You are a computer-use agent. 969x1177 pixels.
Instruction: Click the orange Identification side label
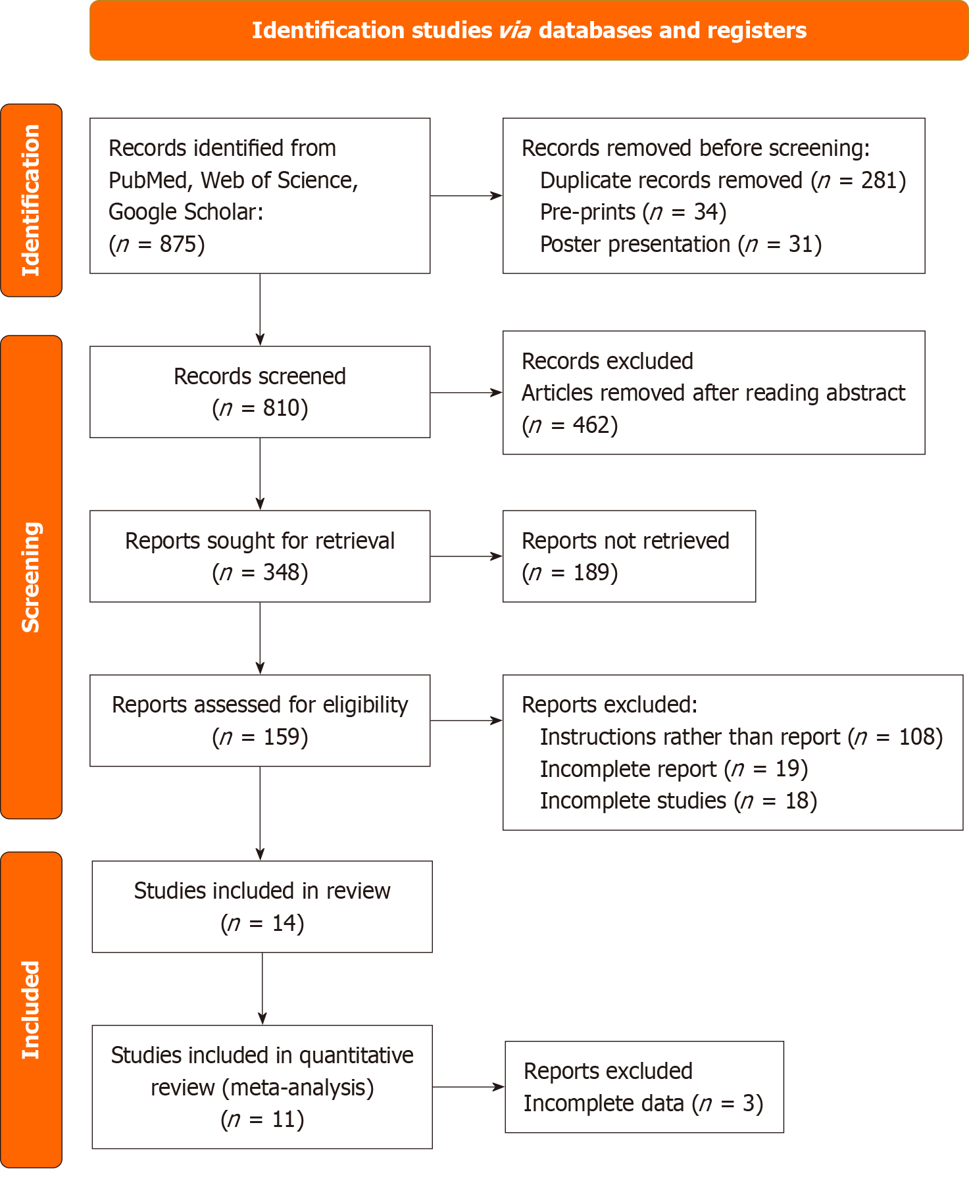click(x=31, y=200)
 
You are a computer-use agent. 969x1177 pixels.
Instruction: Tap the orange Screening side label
click(x=31, y=577)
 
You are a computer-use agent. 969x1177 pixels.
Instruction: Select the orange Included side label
click(x=31, y=1009)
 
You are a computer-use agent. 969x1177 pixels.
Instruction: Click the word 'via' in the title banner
click(x=514, y=31)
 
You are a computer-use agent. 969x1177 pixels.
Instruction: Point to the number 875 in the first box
click(x=178, y=245)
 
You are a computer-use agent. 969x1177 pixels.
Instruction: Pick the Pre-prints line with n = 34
click(x=633, y=213)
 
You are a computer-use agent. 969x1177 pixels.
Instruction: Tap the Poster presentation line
click(x=680, y=245)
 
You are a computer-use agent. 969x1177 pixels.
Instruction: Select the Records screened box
click(x=260, y=392)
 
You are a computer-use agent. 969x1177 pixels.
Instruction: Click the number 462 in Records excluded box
click(x=590, y=426)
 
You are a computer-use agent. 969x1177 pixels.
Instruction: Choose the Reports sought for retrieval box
click(x=260, y=556)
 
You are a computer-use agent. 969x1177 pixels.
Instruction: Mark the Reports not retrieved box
click(x=628, y=556)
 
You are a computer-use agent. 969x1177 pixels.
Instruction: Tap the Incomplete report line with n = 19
click(x=674, y=769)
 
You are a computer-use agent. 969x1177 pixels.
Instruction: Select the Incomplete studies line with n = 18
click(x=678, y=801)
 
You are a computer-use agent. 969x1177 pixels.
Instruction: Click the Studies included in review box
click(x=262, y=907)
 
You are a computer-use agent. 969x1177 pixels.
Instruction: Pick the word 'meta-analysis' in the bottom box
click(x=298, y=1088)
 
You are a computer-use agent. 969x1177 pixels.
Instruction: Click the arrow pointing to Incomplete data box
click(x=468, y=1088)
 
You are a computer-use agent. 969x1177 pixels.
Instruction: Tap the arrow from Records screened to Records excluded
click(x=466, y=393)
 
